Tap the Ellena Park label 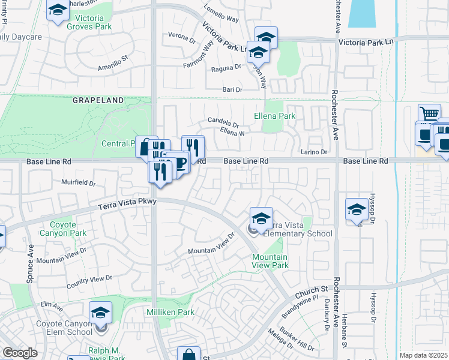275,115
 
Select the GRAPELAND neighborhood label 98,101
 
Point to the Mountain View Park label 269,260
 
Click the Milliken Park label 171,313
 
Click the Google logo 20,353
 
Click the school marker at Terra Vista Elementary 261,218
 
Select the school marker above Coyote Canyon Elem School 100,313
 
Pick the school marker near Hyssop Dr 357,210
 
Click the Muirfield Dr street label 79,182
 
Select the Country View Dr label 89,280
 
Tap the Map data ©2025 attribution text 423,355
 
